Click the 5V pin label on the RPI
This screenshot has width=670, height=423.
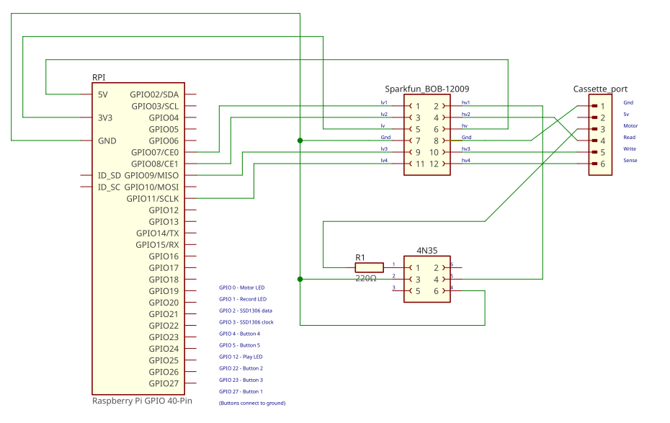click(103, 94)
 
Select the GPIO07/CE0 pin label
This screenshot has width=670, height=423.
click(154, 152)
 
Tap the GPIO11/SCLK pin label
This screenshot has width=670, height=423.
click(152, 198)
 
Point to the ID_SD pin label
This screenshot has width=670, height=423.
click(110, 175)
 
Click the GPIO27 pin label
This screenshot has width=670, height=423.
click(164, 383)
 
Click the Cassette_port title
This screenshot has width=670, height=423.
click(600, 89)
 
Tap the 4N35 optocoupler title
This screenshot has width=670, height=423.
click(427, 251)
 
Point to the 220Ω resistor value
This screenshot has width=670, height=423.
click(366, 278)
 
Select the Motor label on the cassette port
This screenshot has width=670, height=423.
click(630, 126)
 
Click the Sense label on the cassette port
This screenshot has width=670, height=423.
click(630, 161)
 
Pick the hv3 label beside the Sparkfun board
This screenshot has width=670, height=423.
click(466, 149)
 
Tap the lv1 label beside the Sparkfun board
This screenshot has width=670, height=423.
click(384, 103)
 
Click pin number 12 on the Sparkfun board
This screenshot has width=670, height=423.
click(434, 164)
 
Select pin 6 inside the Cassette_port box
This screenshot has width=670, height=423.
click(603, 164)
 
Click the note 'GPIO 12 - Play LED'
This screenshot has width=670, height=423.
click(241, 357)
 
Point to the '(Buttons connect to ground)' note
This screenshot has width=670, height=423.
click(252, 403)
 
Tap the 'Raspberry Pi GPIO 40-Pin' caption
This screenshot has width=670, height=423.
click(142, 401)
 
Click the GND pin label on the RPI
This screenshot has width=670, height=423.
click(107, 141)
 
